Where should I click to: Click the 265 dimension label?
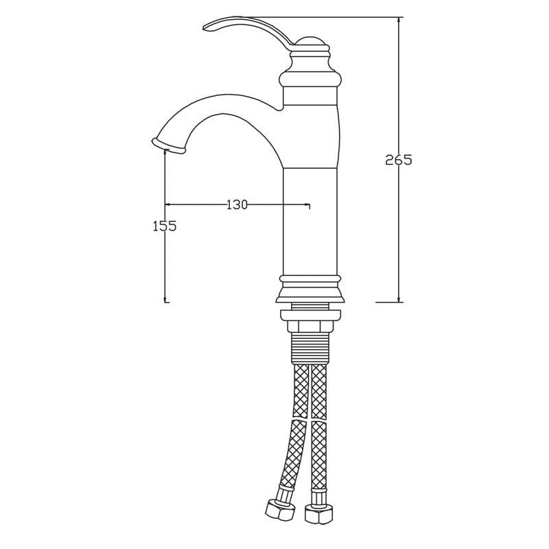(x=399, y=160)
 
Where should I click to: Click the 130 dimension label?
(x=237, y=205)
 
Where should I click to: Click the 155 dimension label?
(x=165, y=226)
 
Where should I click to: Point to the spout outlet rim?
(x=167, y=145)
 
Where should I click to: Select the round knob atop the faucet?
(x=309, y=43)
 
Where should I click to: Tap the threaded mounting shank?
(x=310, y=349)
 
